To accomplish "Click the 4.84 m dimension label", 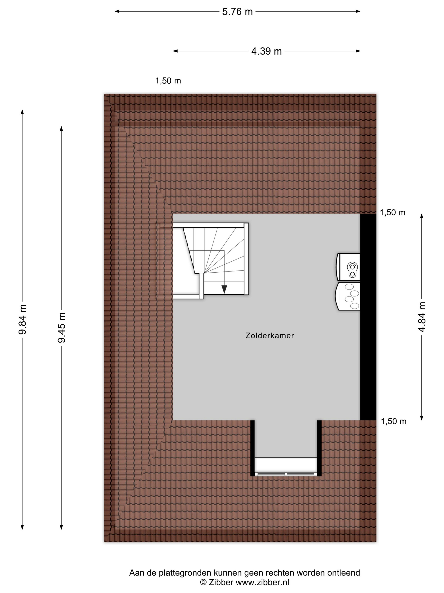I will tap(422, 317).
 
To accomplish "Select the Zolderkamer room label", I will tap(270, 336).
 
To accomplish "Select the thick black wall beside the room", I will tap(368, 316).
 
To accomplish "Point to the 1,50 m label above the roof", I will tap(168, 81).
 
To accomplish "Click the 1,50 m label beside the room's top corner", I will tap(392, 213).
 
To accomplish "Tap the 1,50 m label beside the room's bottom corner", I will tap(393, 421).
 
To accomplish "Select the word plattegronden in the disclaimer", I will tap(185, 573).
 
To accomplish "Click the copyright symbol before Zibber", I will tap(203, 582).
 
